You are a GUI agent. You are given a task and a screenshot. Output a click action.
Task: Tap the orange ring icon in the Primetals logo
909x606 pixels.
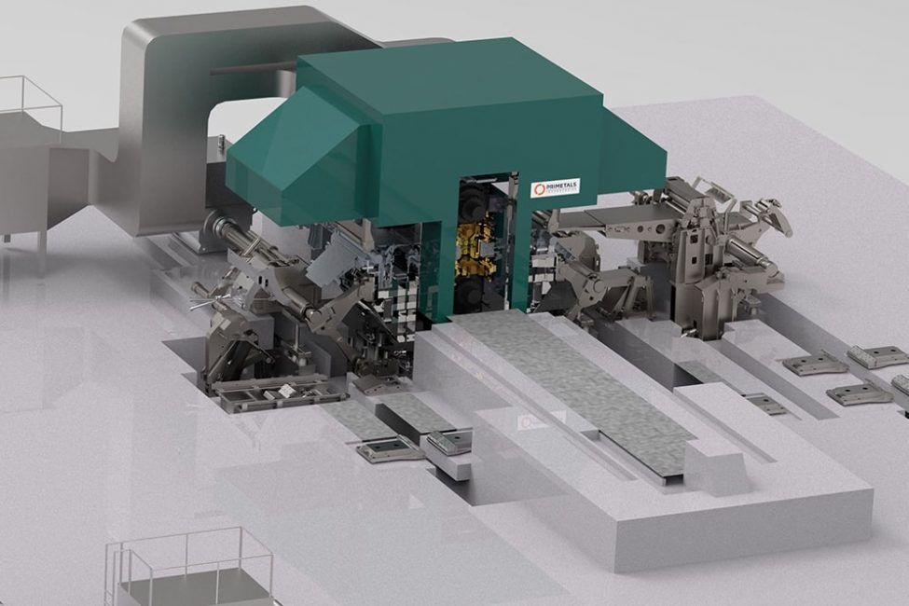click(x=537, y=189)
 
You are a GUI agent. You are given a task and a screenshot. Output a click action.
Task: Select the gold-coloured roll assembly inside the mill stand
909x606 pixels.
click(x=475, y=247)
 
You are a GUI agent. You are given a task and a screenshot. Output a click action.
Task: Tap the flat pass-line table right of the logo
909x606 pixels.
click(x=634, y=216)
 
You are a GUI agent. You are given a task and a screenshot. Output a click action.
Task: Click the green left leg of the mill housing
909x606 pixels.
click(x=434, y=270)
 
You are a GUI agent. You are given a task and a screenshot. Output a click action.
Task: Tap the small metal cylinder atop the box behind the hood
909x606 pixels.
click(x=222, y=144)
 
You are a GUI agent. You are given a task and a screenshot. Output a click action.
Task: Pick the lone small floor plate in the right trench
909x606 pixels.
click(x=764, y=404)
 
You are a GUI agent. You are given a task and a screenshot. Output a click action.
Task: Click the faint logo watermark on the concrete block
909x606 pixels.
click(x=530, y=422)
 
